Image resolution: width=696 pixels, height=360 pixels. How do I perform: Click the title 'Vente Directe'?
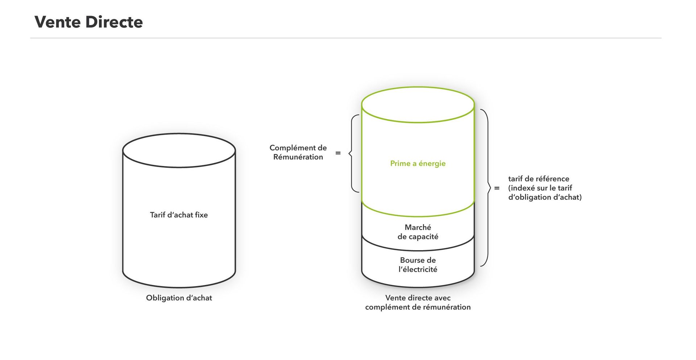click(x=88, y=22)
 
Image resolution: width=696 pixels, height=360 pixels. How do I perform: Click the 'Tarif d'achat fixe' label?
click(x=179, y=215)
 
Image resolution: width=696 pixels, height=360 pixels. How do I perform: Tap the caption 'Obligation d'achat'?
click(x=179, y=298)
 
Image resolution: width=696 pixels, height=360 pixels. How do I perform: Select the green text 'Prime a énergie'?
click(x=418, y=164)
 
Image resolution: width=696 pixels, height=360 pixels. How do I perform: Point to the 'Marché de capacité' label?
click(x=418, y=232)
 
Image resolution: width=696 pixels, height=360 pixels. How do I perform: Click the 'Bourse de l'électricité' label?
click(x=418, y=265)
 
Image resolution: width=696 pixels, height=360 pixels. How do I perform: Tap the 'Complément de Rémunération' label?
click(x=298, y=152)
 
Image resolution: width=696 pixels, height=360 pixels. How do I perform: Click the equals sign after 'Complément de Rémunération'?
click(x=338, y=153)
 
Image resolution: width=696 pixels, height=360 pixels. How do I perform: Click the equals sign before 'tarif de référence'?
click(x=497, y=188)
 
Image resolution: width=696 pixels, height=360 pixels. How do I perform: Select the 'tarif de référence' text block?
click(x=545, y=188)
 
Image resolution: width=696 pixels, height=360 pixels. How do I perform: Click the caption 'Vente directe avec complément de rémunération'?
click(x=418, y=302)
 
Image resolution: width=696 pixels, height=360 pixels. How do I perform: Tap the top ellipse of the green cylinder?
click(x=418, y=123)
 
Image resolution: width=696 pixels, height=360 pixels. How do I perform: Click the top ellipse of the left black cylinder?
click(x=179, y=167)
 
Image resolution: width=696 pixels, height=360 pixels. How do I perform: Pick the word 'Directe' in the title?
click(x=114, y=22)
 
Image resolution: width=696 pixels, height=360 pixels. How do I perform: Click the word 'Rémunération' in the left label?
click(x=298, y=157)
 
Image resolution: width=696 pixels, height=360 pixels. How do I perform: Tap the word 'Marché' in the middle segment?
click(x=418, y=227)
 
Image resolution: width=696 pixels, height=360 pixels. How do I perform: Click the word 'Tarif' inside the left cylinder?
click(x=158, y=215)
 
